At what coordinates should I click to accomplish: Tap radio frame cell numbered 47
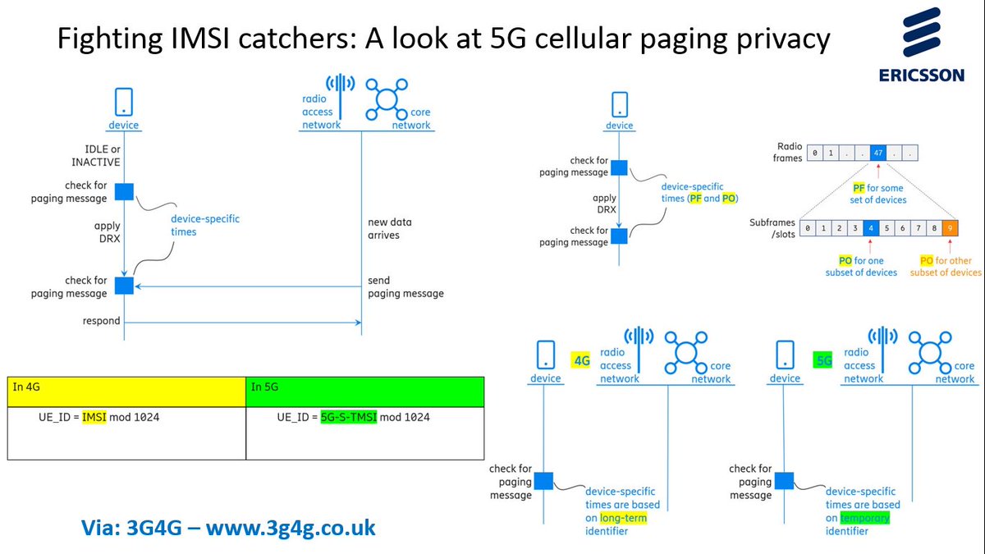click(878, 153)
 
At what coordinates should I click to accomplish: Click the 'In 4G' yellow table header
click(126, 391)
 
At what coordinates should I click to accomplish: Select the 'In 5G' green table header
click(364, 391)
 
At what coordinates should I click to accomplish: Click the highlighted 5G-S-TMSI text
click(348, 417)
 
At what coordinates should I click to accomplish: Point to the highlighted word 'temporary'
click(865, 518)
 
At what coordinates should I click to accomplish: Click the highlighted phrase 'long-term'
click(623, 518)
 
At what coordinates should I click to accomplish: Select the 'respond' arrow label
click(101, 320)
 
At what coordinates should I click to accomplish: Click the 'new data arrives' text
click(390, 228)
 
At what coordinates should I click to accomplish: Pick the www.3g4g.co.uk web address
click(291, 528)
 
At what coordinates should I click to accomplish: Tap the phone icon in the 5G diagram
click(784, 354)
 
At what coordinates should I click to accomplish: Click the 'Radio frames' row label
click(788, 152)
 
